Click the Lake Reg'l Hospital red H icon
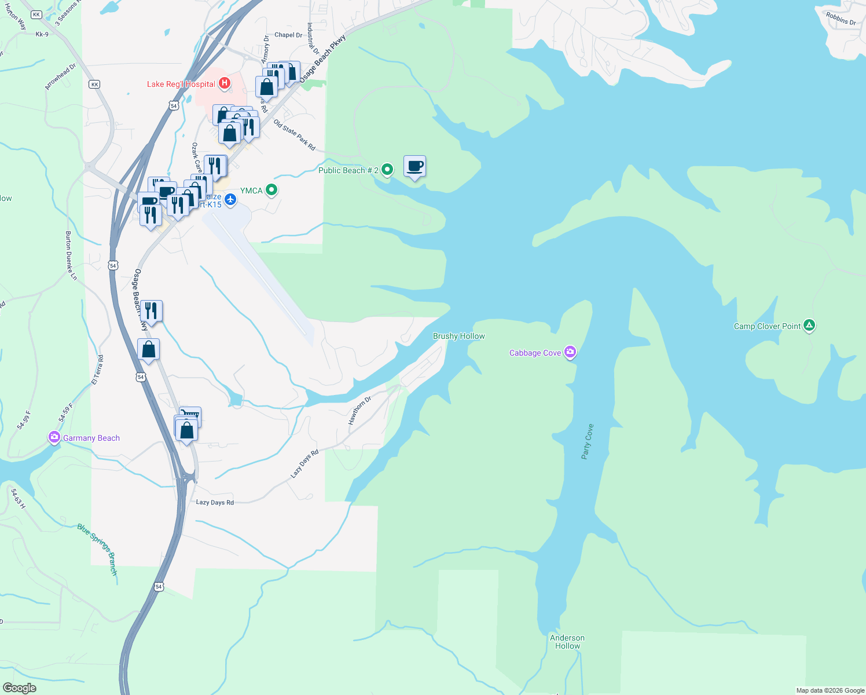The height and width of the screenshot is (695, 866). pyautogui.click(x=224, y=83)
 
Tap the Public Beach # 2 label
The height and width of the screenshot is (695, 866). pyautogui.click(x=348, y=170)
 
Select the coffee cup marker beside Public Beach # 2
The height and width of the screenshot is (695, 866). pyautogui.click(x=414, y=167)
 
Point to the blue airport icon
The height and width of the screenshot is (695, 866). pyautogui.click(x=230, y=200)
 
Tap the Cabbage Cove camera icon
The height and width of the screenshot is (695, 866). pyautogui.click(x=570, y=352)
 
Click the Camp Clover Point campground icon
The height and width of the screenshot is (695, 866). pyautogui.click(x=809, y=325)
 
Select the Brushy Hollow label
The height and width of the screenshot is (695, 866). pyautogui.click(x=459, y=336)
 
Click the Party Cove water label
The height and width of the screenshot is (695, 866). pyautogui.click(x=588, y=442)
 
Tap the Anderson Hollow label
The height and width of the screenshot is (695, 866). pyautogui.click(x=567, y=642)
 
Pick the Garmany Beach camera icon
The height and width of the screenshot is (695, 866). pyautogui.click(x=54, y=437)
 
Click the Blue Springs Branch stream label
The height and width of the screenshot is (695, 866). pyautogui.click(x=98, y=550)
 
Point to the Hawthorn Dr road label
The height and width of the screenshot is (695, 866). pyautogui.click(x=359, y=411)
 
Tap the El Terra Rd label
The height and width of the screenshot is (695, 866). pyautogui.click(x=97, y=370)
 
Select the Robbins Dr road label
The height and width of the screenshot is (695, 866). pyautogui.click(x=841, y=19)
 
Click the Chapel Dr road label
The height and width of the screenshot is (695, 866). pyautogui.click(x=288, y=35)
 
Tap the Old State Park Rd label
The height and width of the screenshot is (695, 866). pyautogui.click(x=295, y=136)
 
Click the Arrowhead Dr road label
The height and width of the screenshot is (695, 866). pyautogui.click(x=60, y=77)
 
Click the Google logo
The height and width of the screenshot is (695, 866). pyautogui.click(x=19, y=688)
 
